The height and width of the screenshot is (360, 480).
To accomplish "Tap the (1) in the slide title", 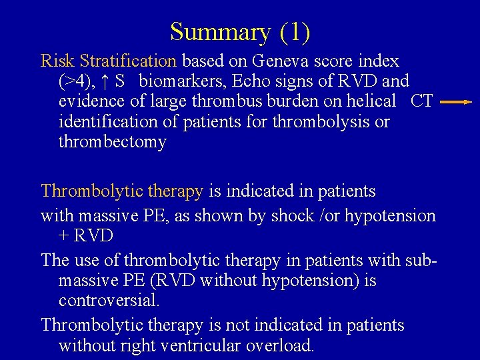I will point(295,32).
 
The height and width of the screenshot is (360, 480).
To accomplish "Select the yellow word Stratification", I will point(127,61).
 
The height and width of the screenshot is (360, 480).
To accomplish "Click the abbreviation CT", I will point(422,102).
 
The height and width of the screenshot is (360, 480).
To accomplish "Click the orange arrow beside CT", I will point(455,103).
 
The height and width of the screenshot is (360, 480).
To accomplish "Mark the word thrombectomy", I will point(112,142).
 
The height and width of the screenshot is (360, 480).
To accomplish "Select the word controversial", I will point(109,301).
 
